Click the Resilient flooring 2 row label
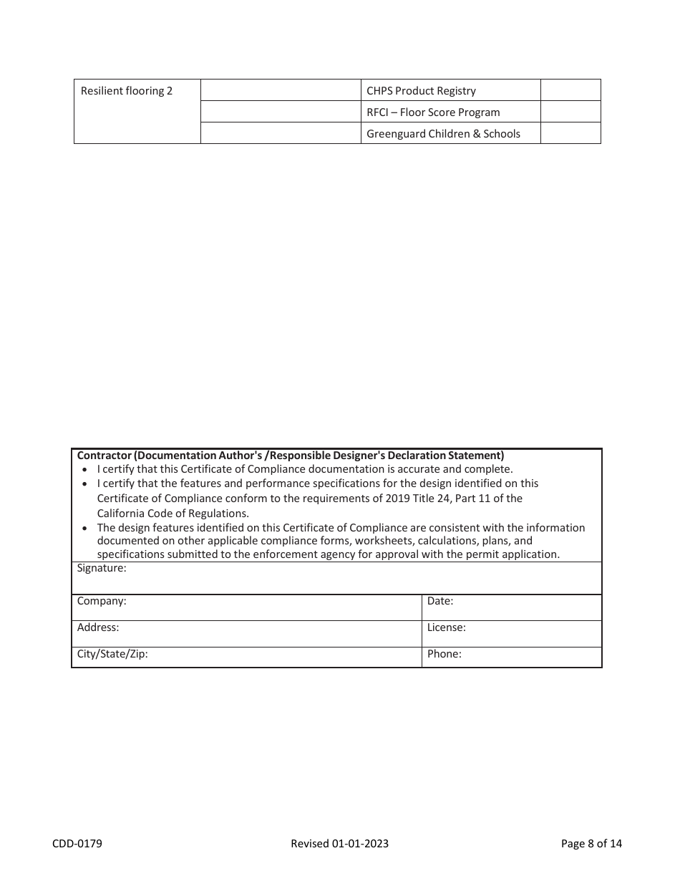[x=127, y=91]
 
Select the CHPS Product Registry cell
[x=421, y=91]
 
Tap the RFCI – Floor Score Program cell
[x=433, y=112]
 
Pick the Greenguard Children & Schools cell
[x=443, y=134]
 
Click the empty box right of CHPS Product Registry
[x=570, y=90]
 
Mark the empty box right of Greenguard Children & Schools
[x=570, y=133]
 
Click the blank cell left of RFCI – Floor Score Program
[x=281, y=112]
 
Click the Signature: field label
[x=102, y=568]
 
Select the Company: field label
[x=102, y=601]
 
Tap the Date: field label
[x=440, y=601]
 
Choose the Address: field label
[x=98, y=627]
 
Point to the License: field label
[x=447, y=627]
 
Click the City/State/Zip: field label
[x=112, y=654]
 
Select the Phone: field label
[x=445, y=654]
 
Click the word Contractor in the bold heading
[x=105, y=456]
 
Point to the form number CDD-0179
[x=77, y=844]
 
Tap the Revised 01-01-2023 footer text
[x=340, y=844]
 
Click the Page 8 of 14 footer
[x=591, y=844]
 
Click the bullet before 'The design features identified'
[x=86, y=529]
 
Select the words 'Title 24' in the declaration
[x=434, y=499]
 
